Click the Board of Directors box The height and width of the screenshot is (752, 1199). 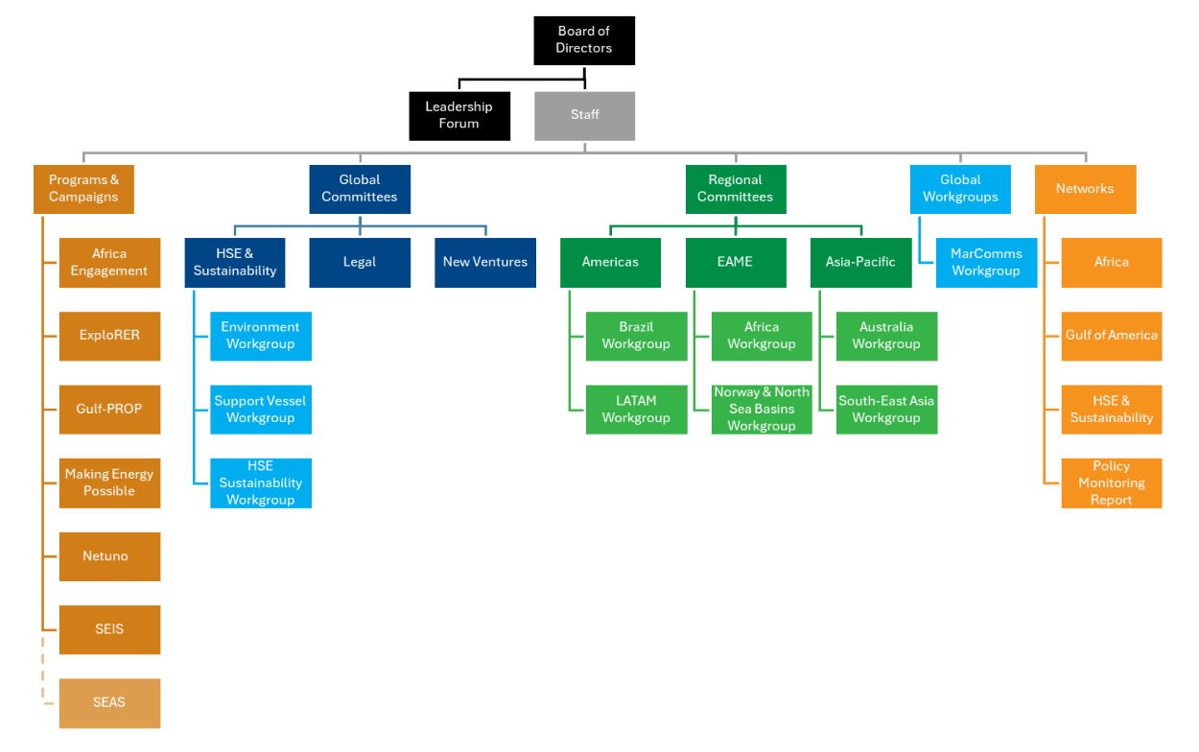pos(584,40)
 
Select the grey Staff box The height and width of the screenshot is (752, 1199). pos(584,116)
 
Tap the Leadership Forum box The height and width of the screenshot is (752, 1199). pos(459,116)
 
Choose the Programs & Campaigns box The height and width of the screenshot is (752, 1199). pos(83,189)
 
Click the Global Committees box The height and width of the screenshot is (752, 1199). pos(360,189)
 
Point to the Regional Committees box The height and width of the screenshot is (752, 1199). pos(736,189)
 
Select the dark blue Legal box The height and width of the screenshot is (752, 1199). pos(360,262)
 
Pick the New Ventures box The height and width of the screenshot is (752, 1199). pos(485,262)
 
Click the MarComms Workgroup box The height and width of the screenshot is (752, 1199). pos(986,262)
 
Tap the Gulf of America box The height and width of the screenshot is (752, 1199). pos(1112,336)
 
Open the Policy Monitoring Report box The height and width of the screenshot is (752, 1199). pos(1112,482)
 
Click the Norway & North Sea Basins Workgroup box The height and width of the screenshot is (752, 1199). pos(762,410)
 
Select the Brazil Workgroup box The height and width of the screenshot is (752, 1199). pos(636,336)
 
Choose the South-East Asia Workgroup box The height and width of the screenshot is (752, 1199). pos(886,410)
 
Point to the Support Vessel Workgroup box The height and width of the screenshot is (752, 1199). pos(261,410)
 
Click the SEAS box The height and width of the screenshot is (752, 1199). pos(109,703)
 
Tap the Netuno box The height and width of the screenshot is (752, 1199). pos(109,556)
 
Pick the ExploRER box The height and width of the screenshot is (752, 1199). pos(109,336)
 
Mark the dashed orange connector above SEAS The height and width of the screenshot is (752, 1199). pos(43,667)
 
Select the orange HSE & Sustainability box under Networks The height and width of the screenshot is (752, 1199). pos(1112,410)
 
